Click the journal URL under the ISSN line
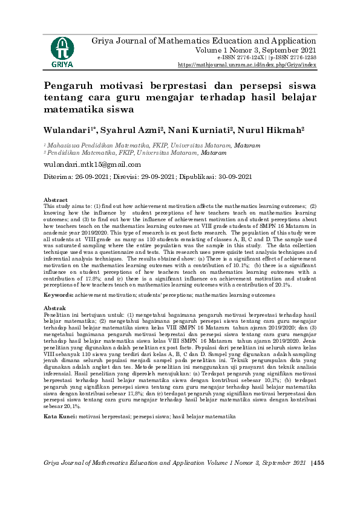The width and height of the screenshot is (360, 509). [x=247, y=64]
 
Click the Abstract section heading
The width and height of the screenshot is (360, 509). [x=56, y=200]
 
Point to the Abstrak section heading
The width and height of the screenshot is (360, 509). [x=55, y=309]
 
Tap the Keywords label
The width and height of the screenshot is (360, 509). [x=59, y=295]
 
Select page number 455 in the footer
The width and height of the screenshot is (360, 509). [x=319, y=462]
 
